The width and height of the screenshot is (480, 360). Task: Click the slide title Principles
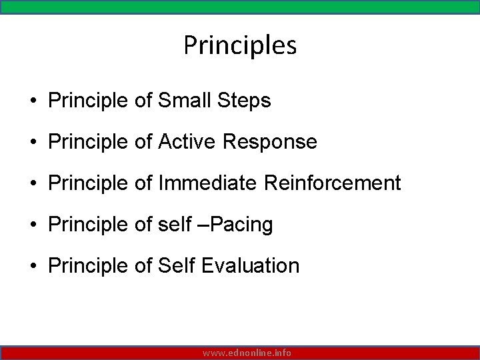pyautogui.click(x=240, y=46)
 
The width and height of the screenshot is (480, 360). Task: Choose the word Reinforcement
pyautogui.click(x=333, y=183)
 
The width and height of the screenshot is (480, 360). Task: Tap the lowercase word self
pyautogui.click(x=175, y=225)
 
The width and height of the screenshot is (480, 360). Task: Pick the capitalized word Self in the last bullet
pyautogui.click(x=177, y=266)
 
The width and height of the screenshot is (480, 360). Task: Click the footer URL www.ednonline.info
pyautogui.click(x=247, y=353)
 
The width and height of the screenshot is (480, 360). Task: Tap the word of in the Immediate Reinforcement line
pyautogui.click(x=143, y=183)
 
